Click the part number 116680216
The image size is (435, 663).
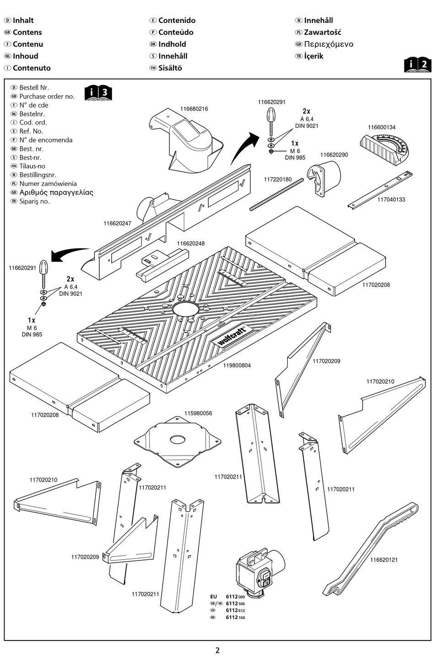point(194,109)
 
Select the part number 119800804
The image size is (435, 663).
point(237,365)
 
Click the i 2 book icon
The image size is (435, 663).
point(418,65)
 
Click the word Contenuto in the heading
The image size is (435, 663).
point(32,68)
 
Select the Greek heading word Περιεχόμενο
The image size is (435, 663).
point(328,44)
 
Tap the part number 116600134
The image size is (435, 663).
point(381,127)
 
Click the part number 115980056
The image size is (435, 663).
point(198,413)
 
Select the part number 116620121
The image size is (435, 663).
point(384,560)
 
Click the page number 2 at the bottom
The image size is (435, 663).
point(217,650)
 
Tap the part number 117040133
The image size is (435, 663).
point(391,200)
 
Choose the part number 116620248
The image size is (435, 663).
point(190,244)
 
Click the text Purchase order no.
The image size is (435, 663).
point(47,96)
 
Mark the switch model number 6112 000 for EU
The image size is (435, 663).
point(235,597)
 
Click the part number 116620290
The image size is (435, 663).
point(334,155)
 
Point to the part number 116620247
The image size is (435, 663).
point(117,223)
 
